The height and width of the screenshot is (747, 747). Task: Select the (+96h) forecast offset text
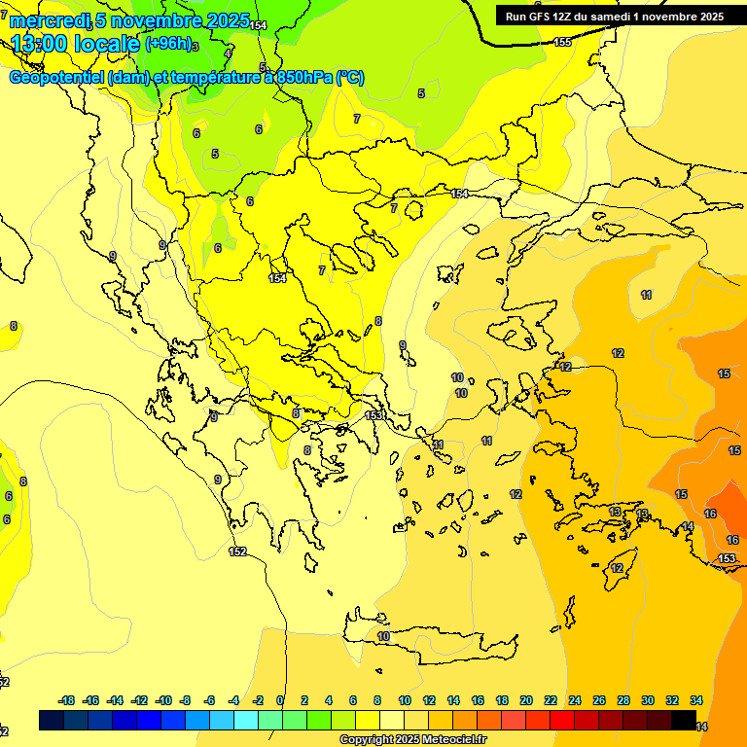click(x=169, y=44)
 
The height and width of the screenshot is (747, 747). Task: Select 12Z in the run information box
click(x=568, y=17)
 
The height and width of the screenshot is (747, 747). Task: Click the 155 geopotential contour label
click(x=562, y=42)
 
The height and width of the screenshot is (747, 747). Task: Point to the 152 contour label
click(x=237, y=551)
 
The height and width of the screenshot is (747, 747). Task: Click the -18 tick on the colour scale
click(x=66, y=700)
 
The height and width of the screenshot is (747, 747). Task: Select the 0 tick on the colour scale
click(x=280, y=700)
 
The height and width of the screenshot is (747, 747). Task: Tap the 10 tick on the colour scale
click(x=405, y=700)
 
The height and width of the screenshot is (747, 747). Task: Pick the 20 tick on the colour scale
click(x=526, y=700)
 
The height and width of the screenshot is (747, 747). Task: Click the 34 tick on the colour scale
click(x=696, y=700)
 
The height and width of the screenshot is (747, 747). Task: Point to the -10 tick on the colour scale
click(x=163, y=700)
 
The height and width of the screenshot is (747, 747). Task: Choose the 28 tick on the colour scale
click(x=623, y=700)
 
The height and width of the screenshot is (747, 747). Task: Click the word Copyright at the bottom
click(x=368, y=740)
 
